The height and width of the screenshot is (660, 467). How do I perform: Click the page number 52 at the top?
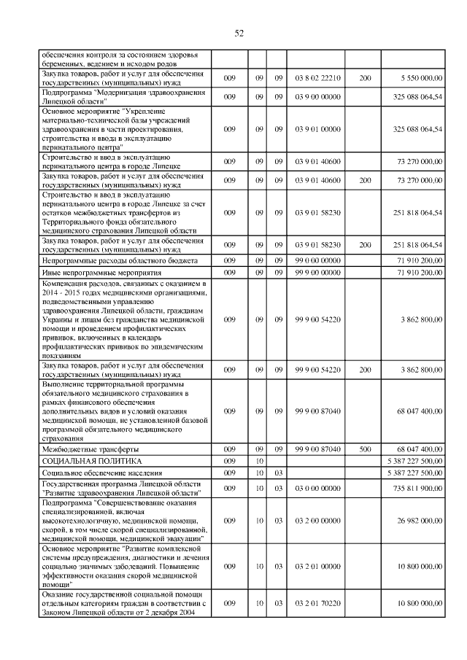[239, 33]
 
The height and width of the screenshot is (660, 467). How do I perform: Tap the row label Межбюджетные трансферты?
[90, 449]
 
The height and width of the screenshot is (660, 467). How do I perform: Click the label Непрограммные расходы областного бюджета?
[109, 260]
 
